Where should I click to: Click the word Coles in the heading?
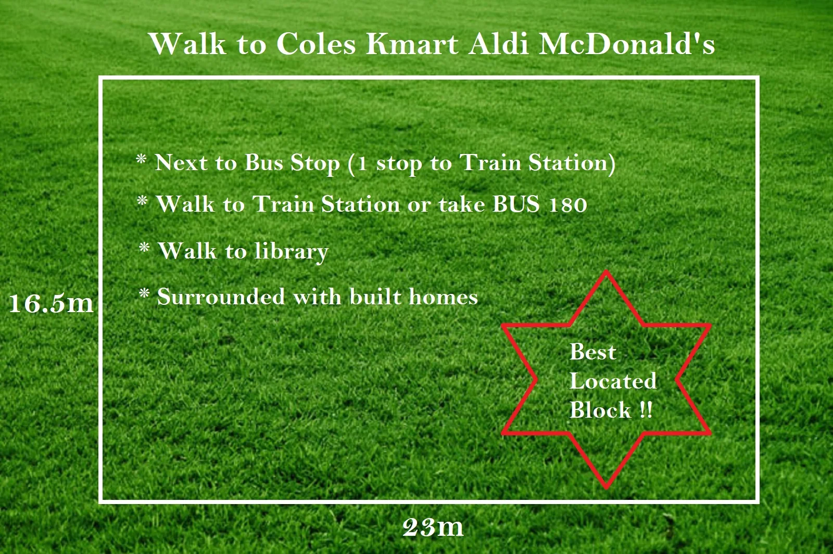[x=315, y=44]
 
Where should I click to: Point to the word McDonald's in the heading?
[x=626, y=44]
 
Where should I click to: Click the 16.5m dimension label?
[x=51, y=303]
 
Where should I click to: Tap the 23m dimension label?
[x=433, y=527]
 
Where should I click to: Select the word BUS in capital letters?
[x=516, y=204]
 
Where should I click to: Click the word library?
[x=292, y=252]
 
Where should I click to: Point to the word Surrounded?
[x=221, y=297]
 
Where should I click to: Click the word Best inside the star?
[x=593, y=352]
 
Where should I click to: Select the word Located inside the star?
[x=613, y=381]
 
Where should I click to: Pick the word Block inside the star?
[x=600, y=410]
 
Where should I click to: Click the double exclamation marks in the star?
[x=646, y=410]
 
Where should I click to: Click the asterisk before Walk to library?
[x=144, y=248]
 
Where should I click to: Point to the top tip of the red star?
[x=606, y=271]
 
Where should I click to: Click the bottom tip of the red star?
[x=606, y=487]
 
